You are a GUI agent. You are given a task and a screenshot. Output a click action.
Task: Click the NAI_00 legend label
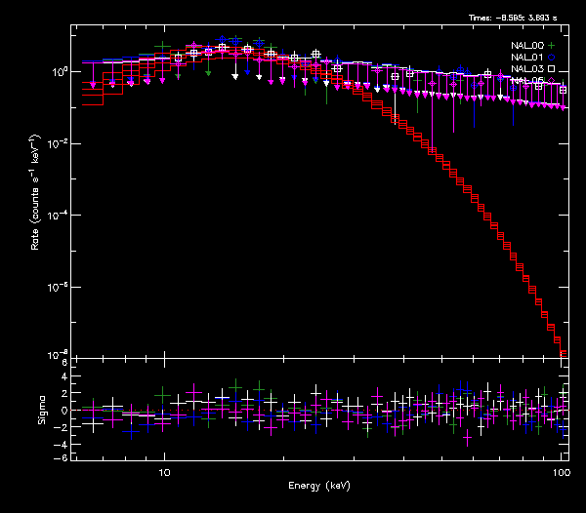(x=526, y=46)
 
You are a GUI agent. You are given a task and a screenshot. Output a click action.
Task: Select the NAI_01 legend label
(x=526, y=58)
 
